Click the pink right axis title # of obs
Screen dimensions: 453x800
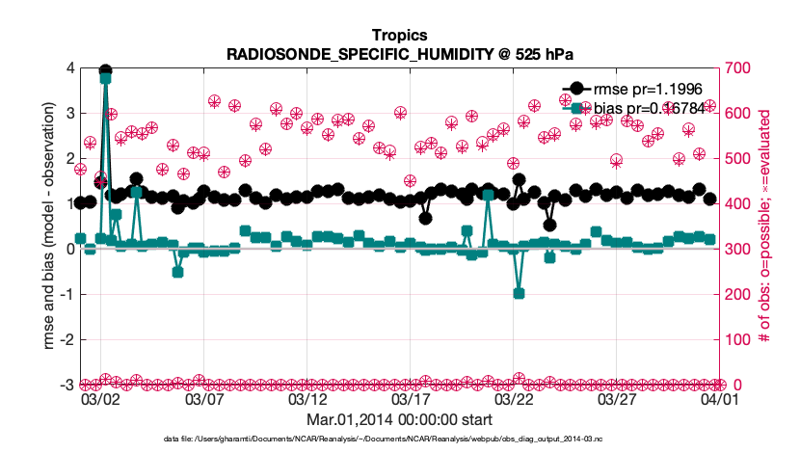(765, 226)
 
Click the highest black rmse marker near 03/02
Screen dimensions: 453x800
(105, 72)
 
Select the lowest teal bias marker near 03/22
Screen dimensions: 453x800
(519, 293)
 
